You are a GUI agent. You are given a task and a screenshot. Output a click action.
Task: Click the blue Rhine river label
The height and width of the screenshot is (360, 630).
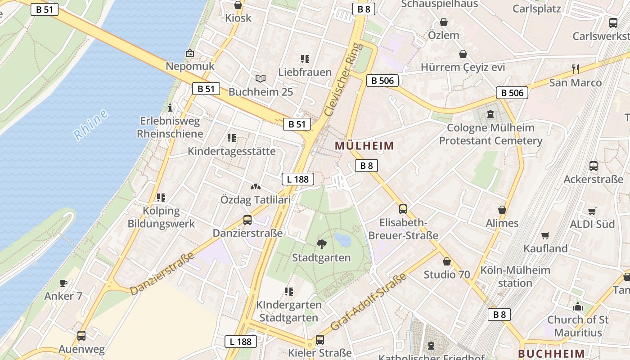(x=91, y=124)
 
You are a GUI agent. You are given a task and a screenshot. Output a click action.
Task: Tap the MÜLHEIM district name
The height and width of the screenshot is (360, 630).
(x=364, y=146)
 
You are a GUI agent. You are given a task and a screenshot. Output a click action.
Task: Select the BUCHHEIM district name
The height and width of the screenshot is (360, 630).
(x=551, y=354)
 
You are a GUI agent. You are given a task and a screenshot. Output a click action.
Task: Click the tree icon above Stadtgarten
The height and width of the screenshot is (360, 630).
(x=321, y=244)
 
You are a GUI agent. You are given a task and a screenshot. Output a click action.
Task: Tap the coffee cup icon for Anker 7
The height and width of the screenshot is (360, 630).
(x=63, y=283)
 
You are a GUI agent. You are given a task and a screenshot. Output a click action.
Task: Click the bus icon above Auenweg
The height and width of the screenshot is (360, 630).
(x=81, y=335)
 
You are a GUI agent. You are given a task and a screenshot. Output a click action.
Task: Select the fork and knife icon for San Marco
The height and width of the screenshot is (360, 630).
(x=575, y=69)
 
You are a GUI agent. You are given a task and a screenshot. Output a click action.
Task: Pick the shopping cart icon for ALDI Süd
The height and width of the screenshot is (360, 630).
(x=592, y=211)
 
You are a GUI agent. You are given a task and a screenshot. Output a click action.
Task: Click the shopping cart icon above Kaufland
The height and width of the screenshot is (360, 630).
(x=545, y=235)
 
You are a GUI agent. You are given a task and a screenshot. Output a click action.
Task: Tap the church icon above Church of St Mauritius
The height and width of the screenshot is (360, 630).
(x=578, y=307)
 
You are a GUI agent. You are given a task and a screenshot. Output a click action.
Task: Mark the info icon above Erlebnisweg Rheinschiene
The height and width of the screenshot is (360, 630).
(x=170, y=108)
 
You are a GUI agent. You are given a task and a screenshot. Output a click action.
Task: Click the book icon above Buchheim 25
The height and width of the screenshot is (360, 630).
(x=261, y=78)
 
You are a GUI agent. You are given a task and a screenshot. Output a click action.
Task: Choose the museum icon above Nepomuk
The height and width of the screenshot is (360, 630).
(x=190, y=53)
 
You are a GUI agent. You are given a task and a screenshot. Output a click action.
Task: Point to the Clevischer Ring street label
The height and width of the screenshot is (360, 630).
(x=343, y=79)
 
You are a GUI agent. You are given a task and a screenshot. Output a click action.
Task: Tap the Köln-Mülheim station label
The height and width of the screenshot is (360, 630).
(x=515, y=276)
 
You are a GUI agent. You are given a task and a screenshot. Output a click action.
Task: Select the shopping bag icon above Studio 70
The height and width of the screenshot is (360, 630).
(x=447, y=261)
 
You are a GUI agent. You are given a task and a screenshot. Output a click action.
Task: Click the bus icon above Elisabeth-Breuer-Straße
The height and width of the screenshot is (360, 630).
(x=403, y=209)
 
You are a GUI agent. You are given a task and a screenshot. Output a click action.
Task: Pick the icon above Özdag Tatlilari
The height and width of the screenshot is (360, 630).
(x=256, y=186)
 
